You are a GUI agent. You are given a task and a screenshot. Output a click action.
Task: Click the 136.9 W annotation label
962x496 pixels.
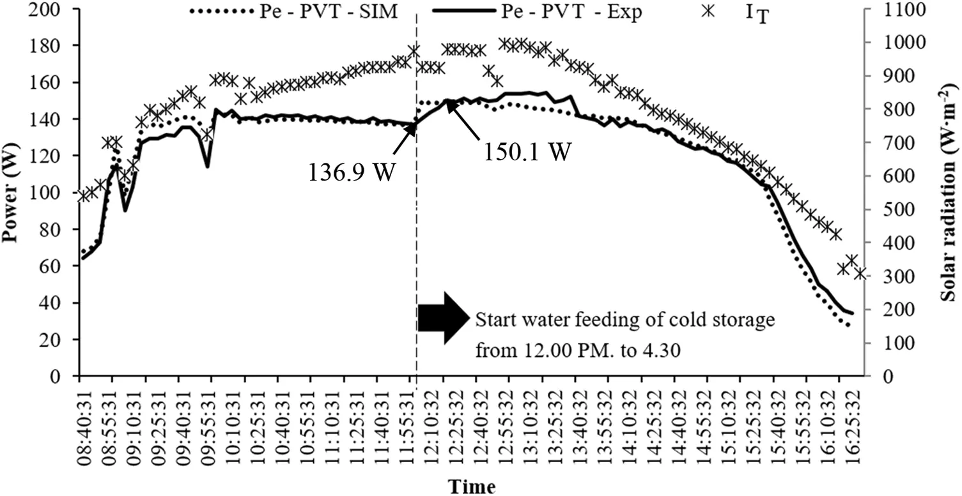pyautogui.click(x=350, y=172)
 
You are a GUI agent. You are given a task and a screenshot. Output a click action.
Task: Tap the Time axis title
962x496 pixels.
pyautogui.click(x=471, y=486)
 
